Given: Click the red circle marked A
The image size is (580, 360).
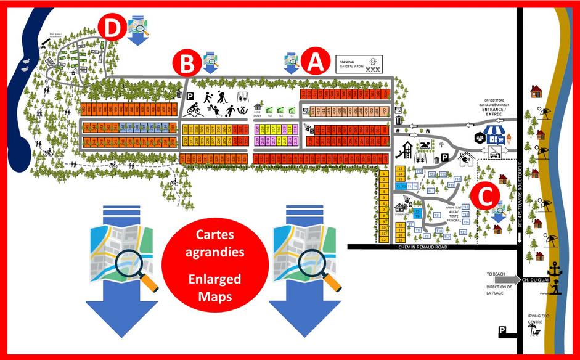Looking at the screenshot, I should pos(314,62).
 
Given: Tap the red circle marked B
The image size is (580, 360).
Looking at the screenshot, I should pos(186,63).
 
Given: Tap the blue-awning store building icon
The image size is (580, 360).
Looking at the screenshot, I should pos(497,134).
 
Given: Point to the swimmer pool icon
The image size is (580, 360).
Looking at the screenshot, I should pos(425,145).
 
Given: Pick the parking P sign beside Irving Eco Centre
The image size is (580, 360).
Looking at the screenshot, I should pos(503,332).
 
